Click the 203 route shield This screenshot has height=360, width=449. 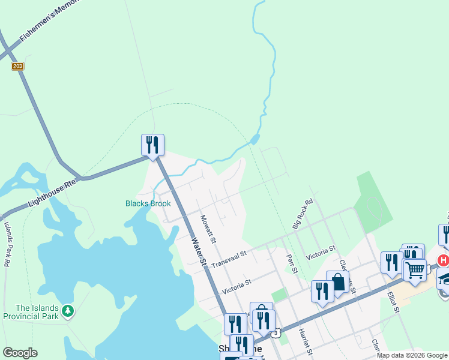pyautogui.click(x=17, y=66)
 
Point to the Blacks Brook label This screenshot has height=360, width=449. pyautogui.click(x=148, y=203)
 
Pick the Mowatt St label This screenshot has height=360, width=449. pyautogui.click(x=208, y=229)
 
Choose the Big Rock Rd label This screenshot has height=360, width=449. pyautogui.click(x=303, y=215)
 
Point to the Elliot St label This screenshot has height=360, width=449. pyautogui.click(x=393, y=302)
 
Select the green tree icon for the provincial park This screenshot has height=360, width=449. pyautogui.click(x=69, y=311)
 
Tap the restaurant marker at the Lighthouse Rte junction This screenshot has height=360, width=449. pyautogui.click(x=152, y=145)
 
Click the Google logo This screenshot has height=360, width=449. pyautogui.click(x=20, y=353)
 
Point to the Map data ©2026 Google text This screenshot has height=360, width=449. pyautogui.click(x=412, y=355)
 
